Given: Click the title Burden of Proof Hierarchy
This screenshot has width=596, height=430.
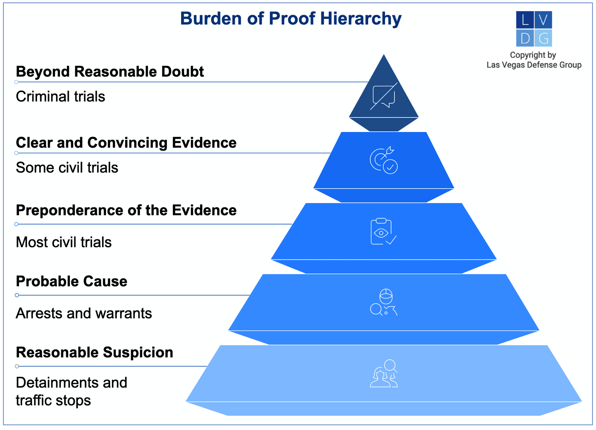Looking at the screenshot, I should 291,18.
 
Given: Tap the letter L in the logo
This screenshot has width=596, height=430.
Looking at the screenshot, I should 525,20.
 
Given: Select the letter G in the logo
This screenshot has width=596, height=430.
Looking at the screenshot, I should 543,38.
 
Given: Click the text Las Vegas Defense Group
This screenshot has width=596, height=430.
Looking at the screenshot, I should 534,65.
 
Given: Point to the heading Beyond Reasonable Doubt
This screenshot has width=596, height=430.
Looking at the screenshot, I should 110,72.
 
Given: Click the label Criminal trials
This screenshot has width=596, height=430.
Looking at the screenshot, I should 60,97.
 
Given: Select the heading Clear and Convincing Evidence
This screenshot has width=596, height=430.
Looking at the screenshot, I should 126,143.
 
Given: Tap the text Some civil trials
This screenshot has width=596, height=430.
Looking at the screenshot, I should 67,168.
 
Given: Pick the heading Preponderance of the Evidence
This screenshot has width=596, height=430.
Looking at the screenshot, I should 126,210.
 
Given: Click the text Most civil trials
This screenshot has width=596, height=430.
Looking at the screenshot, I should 64,242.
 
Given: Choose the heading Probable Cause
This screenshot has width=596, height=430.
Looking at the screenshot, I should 71,281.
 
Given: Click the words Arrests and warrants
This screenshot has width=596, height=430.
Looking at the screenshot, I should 84,313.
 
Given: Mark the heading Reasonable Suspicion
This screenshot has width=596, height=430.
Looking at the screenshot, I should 94,352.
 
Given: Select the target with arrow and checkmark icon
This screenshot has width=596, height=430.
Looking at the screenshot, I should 384,160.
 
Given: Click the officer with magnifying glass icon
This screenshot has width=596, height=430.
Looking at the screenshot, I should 384,302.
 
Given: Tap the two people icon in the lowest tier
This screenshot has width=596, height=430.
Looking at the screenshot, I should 384,374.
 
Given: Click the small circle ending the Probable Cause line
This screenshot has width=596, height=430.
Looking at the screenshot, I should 17,295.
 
